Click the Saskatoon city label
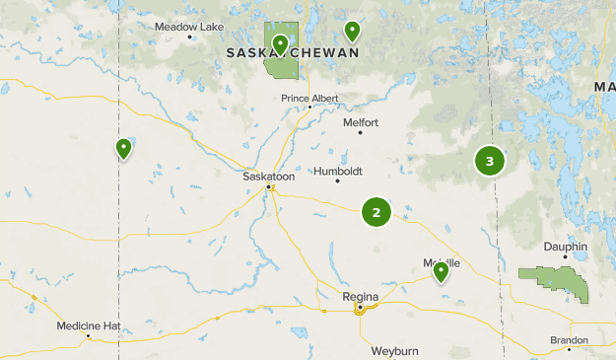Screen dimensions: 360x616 (x=268, y=176)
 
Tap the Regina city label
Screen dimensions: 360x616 (x=360, y=295)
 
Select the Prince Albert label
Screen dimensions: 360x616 (x=309, y=98)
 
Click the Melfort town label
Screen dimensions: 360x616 (x=360, y=122)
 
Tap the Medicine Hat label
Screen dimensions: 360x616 (x=88, y=324)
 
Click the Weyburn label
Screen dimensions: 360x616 (x=395, y=350)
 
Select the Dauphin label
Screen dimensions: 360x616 (x=566, y=247)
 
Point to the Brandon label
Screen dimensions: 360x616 (x=570, y=339)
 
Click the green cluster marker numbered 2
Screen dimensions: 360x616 (x=376, y=212)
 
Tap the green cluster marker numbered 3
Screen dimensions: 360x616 (x=490, y=161)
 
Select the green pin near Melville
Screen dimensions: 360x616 (x=441, y=271)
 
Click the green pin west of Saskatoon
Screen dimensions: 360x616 (x=123, y=149)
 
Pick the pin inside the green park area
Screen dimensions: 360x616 (x=281, y=44)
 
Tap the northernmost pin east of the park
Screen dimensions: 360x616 (x=352, y=31)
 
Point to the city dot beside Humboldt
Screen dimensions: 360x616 (x=338, y=180)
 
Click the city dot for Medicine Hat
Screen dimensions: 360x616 (x=89, y=336)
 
